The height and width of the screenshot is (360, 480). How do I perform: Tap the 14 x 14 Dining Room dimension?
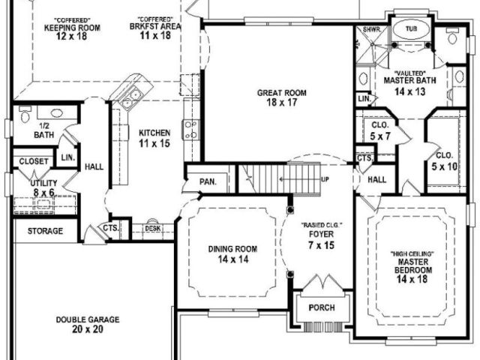pos(233,259)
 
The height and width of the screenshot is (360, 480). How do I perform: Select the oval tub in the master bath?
pos(411,29)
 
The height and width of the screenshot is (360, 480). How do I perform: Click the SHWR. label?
pos(372,30)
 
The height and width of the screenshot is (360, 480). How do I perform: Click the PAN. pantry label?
pos(208,181)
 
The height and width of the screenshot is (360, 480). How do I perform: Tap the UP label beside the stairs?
pos(325,179)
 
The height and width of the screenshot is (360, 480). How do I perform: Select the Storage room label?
pos(45,231)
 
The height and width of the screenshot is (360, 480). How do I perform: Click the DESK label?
pos(153,228)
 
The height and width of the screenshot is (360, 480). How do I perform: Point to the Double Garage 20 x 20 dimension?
pos(88,329)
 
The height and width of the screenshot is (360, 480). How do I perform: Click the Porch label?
pos(322,307)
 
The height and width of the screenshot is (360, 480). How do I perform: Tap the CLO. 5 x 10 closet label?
pos(444,160)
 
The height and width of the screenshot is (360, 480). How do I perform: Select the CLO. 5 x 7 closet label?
pos(380,130)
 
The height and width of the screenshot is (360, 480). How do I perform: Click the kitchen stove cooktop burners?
pos(190,130)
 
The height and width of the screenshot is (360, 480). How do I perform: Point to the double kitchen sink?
pos(130,97)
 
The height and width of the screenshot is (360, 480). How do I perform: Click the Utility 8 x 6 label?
pos(43,188)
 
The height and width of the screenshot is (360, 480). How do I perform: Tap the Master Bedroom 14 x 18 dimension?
pos(412,279)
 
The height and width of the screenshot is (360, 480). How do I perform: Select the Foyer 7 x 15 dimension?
pos(322,245)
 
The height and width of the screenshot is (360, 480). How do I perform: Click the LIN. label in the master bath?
pos(364,99)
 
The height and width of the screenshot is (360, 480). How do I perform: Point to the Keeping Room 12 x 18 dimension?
pos(72,36)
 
